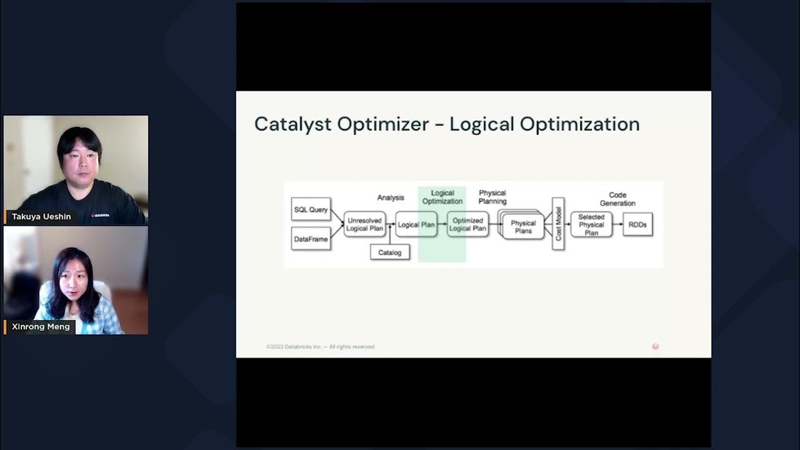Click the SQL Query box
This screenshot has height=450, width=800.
click(x=311, y=209)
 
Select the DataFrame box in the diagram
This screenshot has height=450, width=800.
click(x=311, y=239)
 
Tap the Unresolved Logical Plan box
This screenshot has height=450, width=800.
click(x=365, y=224)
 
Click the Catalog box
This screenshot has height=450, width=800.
click(x=390, y=252)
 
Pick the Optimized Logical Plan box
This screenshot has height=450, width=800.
click(x=467, y=224)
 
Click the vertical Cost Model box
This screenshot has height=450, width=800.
click(x=558, y=224)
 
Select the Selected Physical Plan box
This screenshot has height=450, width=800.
click(x=591, y=224)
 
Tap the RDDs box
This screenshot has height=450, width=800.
click(x=637, y=224)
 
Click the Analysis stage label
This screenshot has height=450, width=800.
click(x=391, y=197)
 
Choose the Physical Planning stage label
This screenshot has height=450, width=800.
click(x=492, y=197)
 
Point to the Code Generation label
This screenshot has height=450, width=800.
click(x=617, y=199)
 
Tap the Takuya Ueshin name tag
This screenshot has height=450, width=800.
click(x=41, y=217)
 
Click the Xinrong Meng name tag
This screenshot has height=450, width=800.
click(x=41, y=327)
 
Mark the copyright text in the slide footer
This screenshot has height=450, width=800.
click(x=320, y=347)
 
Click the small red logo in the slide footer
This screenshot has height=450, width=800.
click(x=655, y=346)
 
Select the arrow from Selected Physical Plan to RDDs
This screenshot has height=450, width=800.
click(x=617, y=224)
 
